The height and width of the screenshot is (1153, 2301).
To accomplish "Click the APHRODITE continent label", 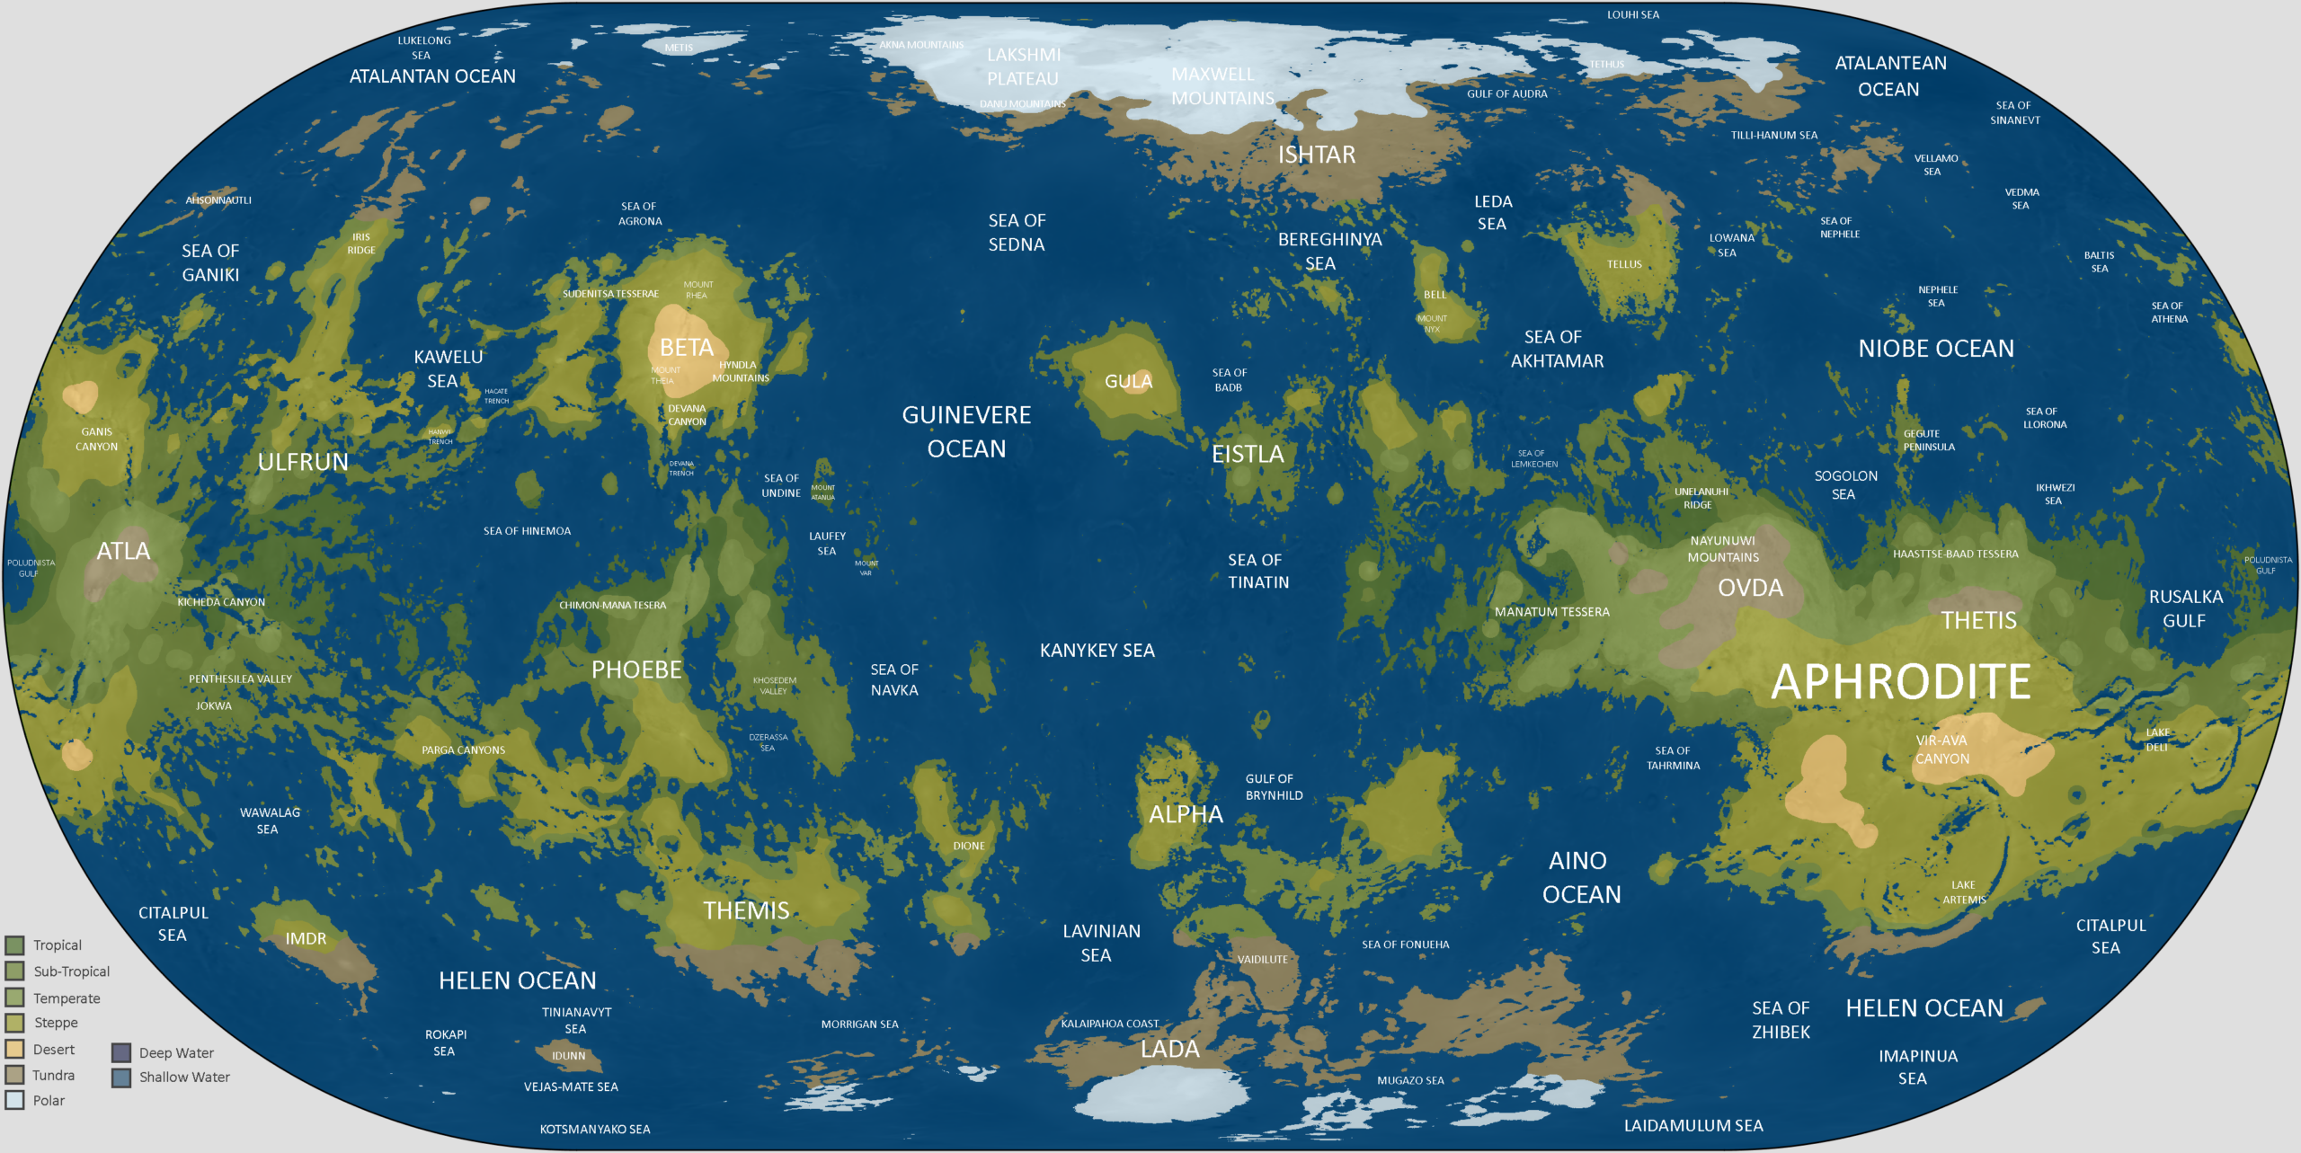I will pos(1900,681).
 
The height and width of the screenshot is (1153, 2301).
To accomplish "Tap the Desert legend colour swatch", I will pos(14,1049).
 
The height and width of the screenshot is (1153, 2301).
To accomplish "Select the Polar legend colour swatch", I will pos(14,1100).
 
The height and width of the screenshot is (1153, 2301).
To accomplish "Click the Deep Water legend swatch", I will pos(121,1052).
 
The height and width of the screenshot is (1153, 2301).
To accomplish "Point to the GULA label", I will pos(1128,381).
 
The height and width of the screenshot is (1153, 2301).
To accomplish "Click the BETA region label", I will pos(687,348).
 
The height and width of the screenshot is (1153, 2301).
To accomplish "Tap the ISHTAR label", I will pos(1317,155).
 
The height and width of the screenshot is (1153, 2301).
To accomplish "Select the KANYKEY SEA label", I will pos(1097,651).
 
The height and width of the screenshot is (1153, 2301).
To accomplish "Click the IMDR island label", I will pos(306,938).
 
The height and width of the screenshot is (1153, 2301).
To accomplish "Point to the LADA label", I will pos(1169,1049).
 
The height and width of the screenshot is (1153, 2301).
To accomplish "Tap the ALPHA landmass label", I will pos(1186,814).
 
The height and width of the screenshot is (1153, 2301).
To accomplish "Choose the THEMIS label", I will pos(746,910).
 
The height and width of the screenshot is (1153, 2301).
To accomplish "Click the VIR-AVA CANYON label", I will pos(1941,749).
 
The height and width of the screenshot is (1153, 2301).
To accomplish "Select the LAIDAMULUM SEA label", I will pos(1693,1125).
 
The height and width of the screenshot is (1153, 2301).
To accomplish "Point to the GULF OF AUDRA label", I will pos(1507,93).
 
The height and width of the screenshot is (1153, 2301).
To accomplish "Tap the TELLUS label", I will pos(1624,264).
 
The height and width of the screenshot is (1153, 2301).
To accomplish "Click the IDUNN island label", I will pos(568,1056).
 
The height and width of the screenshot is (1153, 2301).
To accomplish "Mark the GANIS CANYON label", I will pos(96,439).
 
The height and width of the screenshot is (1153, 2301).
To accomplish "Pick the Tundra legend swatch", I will pos(14,1075).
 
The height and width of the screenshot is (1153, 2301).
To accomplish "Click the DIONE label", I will pos(969,846).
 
